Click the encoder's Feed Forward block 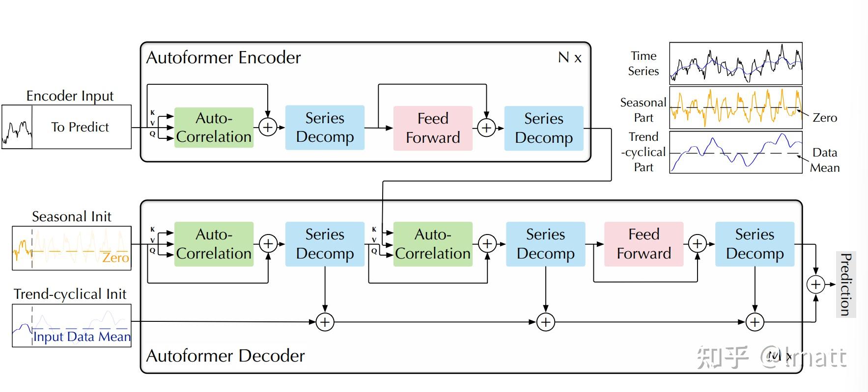point(433,128)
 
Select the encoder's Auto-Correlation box point(214,128)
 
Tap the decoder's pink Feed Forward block point(644,244)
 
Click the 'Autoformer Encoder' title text point(224,58)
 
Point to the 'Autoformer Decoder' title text point(225,356)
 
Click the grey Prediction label point(845,284)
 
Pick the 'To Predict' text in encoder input point(80,127)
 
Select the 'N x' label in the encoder point(570,58)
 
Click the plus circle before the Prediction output point(815,284)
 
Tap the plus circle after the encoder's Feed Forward point(486,128)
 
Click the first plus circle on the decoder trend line point(325,322)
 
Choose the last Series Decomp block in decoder point(755,244)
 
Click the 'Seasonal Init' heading point(72,216)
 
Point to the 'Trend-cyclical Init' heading point(70,294)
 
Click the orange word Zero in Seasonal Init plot point(115,258)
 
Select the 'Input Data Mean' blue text point(82,337)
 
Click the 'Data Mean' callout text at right point(825,160)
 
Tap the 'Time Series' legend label point(644,64)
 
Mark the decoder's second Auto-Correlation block point(433,244)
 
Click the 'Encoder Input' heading point(70,96)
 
